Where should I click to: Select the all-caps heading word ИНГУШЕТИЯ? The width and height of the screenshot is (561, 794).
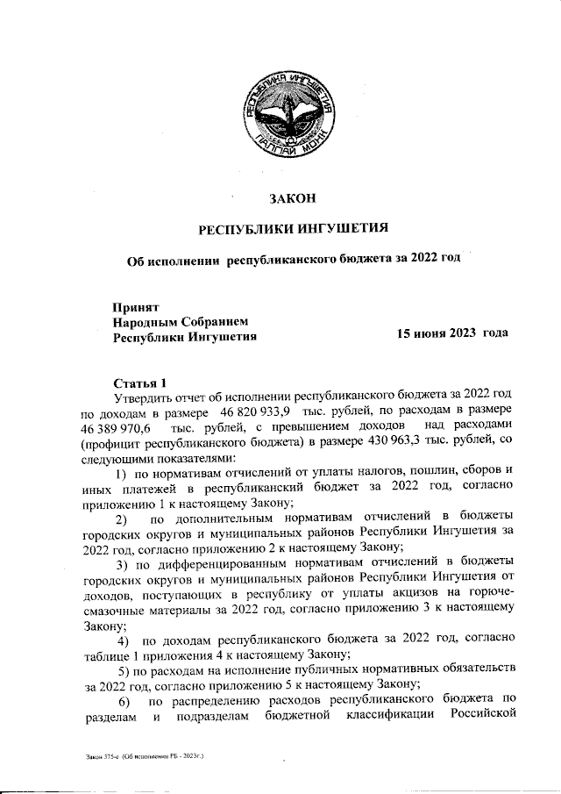[337, 230]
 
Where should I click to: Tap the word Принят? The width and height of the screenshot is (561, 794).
[135, 307]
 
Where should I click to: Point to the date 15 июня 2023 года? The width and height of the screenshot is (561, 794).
[452, 335]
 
